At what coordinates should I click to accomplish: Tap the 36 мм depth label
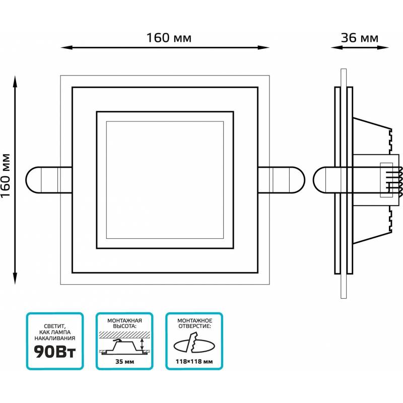[360, 38]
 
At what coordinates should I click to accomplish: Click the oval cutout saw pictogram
[193, 345]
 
